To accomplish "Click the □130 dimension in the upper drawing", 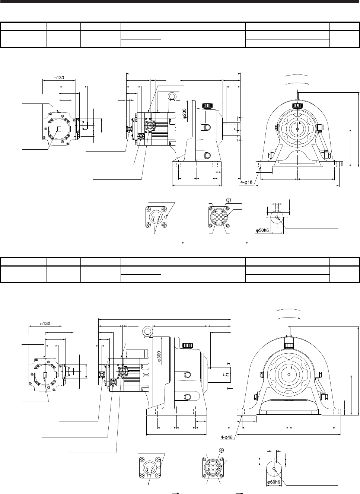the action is coord(59,78).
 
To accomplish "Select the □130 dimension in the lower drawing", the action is coord(45,324).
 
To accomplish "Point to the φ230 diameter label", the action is coord(185,113).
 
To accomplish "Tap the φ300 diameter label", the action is coord(159,356).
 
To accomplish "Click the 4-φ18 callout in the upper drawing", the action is coord(246,182).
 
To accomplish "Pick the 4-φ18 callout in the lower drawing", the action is coord(227,437).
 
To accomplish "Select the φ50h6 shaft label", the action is coord(262,230).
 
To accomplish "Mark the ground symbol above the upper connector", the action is coord(229,200).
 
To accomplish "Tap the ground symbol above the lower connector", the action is coord(222,450).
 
